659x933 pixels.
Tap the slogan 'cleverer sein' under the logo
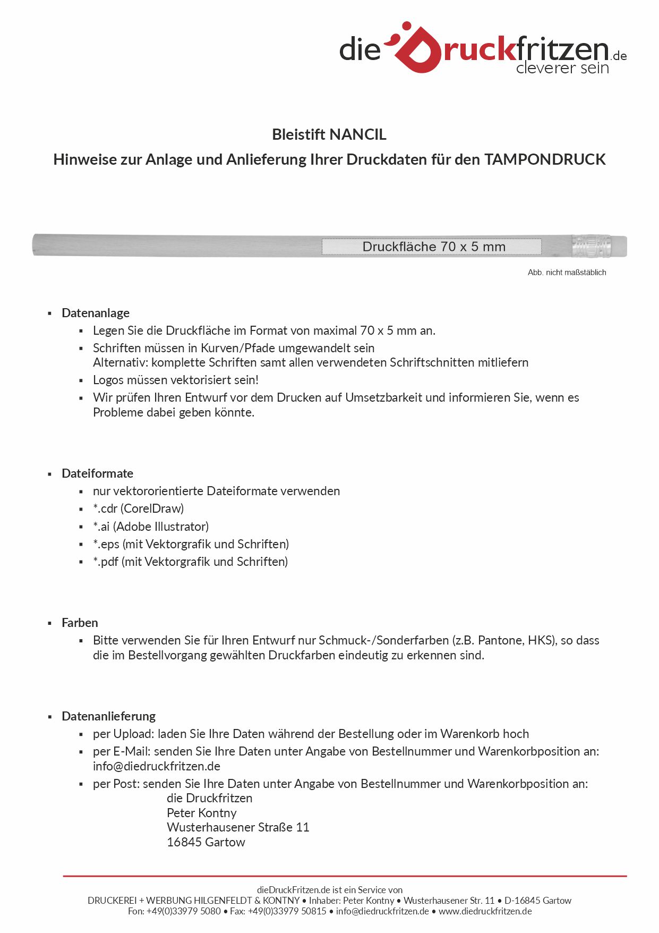coord(562,68)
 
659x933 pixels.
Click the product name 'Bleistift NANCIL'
coord(329,134)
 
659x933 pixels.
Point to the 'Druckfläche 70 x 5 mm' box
coord(432,247)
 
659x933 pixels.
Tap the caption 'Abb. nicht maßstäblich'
coord(567,273)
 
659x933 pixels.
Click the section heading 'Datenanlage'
coord(96,313)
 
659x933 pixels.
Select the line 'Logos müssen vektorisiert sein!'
coord(175,380)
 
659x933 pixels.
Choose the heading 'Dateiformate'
coord(97,473)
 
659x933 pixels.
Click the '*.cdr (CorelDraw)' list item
coord(138,508)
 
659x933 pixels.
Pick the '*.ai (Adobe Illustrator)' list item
coord(151,527)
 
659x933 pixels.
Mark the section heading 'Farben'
coord(80,623)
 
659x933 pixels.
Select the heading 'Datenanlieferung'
coord(108,716)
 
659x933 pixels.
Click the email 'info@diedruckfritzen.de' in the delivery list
coord(156,766)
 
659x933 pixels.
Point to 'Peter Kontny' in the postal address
coord(201,813)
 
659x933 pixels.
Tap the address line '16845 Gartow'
coord(206,842)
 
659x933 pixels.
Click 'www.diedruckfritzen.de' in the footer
coord(485,911)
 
